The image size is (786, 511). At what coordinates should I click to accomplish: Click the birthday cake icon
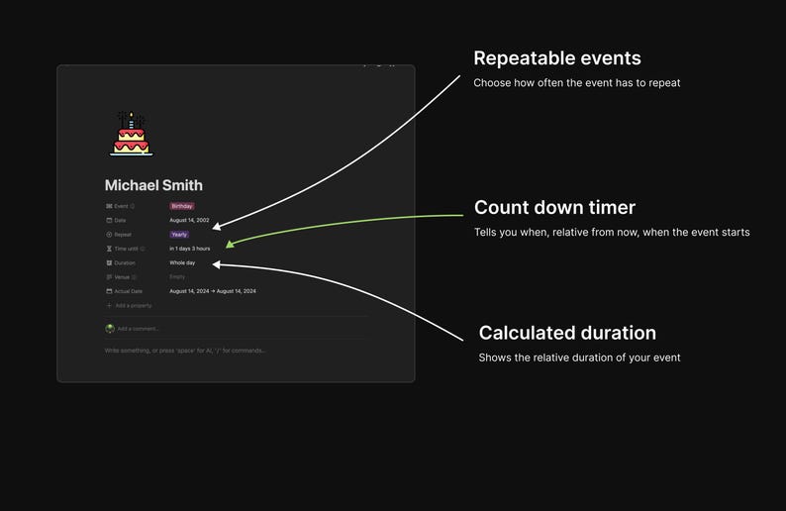click(131, 134)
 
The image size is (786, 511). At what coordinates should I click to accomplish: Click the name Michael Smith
click(153, 185)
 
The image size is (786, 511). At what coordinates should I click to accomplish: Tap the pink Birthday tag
click(181, 206)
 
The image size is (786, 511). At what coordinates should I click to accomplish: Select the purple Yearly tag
click(179, 235)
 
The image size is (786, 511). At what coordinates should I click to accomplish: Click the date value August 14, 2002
click(189, 220)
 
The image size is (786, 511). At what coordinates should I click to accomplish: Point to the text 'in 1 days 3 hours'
click(189, 249)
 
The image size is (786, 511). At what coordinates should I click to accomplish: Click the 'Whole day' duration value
click(182, 262)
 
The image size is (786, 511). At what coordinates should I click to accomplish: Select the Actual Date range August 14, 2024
click(213, 291)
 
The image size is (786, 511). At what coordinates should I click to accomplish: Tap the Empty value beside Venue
click(177, 277)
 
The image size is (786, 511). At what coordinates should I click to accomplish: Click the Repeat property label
click(123, 235)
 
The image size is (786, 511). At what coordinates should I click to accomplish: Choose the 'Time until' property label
click(126, 249)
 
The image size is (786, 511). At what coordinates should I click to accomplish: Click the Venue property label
click(122, 277)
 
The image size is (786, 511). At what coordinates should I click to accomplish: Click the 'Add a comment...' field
click(138, 329)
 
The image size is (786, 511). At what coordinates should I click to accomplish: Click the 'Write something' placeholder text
click(185, 351)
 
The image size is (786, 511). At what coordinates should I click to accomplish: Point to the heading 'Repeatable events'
click(556, 58)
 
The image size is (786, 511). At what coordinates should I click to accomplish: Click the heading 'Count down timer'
click(554, 208)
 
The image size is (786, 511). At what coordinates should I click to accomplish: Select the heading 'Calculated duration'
click(567, 333)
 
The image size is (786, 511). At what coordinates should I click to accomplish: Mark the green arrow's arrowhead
click(230, 244)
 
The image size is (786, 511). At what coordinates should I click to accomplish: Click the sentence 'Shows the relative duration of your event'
click(579, 358)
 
